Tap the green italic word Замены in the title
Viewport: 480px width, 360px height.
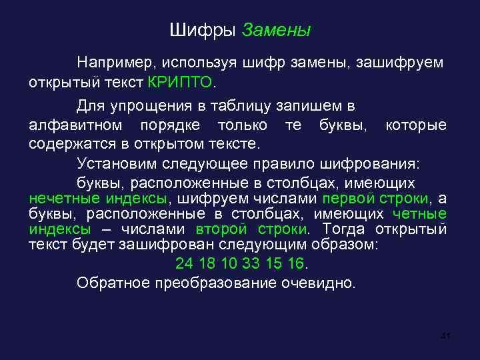[276, 29]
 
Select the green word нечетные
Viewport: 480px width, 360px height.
[62, 198]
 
